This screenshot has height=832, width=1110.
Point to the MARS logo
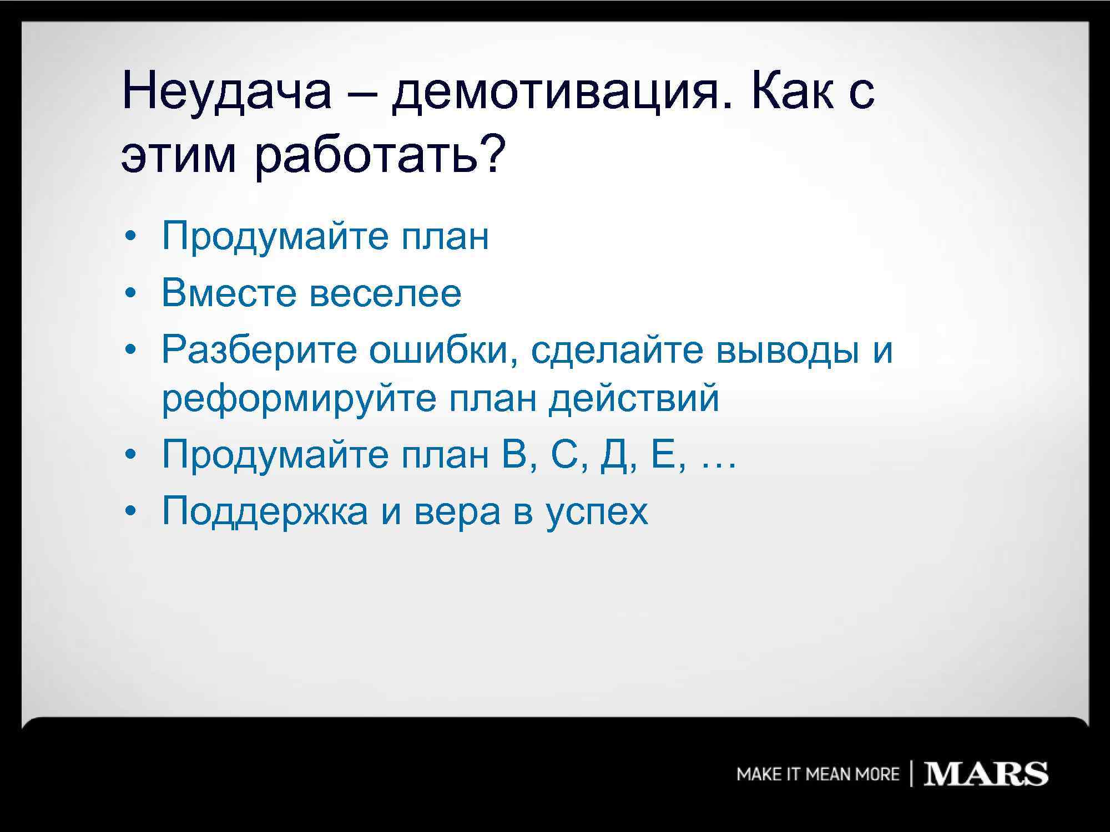coord(985,774)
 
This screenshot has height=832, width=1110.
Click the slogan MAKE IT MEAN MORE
coord(818,774)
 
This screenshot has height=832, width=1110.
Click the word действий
coord(634,398)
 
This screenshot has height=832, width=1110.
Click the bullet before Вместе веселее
coord(129,294)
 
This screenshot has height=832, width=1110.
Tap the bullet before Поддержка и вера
coord(129,511)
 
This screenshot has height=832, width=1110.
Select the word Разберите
coord(259,351)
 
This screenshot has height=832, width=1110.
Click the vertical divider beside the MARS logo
coord(911,774)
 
